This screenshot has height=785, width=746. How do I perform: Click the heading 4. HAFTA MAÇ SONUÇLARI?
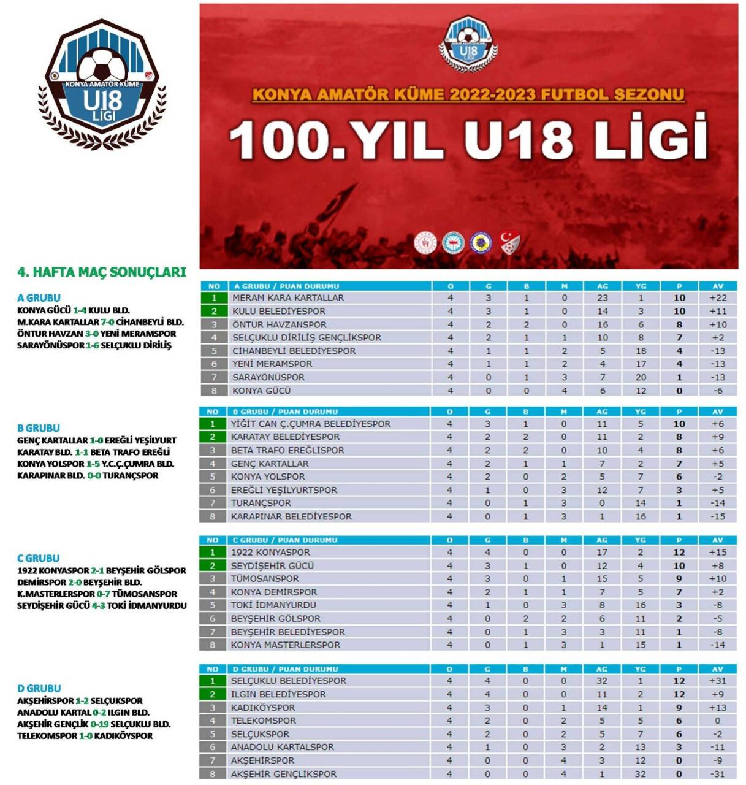[x=101, y=272]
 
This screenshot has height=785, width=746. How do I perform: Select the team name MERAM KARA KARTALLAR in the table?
[x=288, y=298]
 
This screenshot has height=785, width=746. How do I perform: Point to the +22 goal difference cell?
[x=718, y=298]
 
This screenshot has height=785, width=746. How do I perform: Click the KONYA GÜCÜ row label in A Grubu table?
[x=261, y=391]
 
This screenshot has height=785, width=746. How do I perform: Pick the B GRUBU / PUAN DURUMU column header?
[x=284, y=412]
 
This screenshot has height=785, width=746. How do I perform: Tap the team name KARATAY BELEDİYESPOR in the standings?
[x=285, y=437]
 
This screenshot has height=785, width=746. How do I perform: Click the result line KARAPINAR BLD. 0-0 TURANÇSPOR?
[x=88, y=475]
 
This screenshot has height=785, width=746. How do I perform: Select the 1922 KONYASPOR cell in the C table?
[x=270, y=552]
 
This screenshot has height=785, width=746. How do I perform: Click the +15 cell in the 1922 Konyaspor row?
[x=717, y=552]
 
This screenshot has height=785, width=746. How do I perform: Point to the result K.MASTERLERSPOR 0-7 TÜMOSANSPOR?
[x=97, y=594]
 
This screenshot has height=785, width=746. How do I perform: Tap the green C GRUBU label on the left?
[x=38, y=558]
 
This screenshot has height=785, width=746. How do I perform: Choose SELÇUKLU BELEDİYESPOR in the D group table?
[x=288, y=681]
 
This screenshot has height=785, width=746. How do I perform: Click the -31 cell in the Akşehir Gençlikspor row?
[x=717, y=774]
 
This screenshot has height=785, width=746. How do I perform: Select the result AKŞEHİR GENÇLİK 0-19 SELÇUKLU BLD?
[x=94, y=724]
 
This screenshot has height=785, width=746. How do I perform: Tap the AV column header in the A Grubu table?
[x=718, y=286]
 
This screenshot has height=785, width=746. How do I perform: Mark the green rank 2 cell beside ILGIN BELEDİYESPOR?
[x=213, y=694]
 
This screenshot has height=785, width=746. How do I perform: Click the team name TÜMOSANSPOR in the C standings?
[x=265, y=578]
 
